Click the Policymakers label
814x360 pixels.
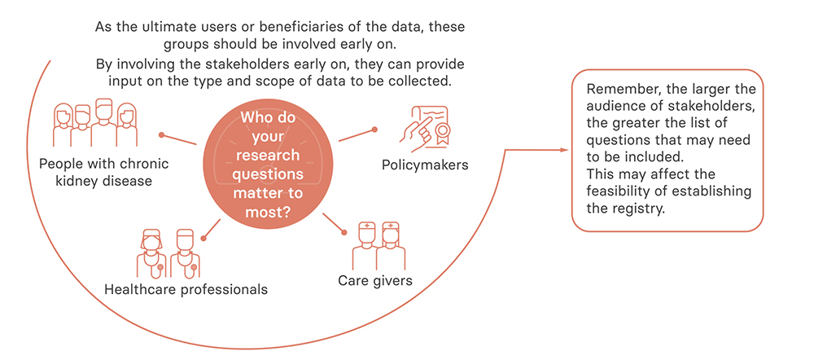(425, 165)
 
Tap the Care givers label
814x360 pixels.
(374, 281)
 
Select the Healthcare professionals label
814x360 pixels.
(186, 289)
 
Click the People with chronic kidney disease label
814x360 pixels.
(104, 173)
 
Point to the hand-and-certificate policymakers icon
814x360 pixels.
(423, 125)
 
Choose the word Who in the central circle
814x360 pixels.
(256, 117)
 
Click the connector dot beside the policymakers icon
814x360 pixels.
(374, 130)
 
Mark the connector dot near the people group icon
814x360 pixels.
(161, 135)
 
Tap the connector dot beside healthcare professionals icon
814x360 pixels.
(203, 239)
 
